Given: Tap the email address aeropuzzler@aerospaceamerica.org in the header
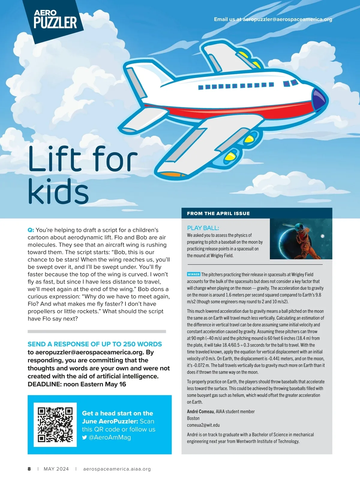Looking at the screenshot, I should (287, 19).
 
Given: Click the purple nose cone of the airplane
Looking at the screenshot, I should (318, 98).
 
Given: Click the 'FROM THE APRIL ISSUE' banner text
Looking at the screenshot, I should (218, 213).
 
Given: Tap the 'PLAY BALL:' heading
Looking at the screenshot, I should (203, 228).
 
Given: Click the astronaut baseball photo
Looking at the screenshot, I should (301, 239).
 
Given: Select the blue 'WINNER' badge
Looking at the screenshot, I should (193, 274).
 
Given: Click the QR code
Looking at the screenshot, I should (55, 424).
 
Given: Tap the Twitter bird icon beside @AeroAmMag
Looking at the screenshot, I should (85, 437).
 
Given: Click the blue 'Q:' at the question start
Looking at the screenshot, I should (31, 230).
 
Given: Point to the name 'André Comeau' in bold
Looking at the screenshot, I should (200, 411).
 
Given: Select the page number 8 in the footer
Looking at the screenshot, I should (29, 469).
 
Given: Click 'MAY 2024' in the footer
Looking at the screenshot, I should (56, 469).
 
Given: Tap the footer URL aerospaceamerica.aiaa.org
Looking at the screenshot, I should (117, 469).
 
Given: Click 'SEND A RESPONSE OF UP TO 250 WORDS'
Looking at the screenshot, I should (94, 344).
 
